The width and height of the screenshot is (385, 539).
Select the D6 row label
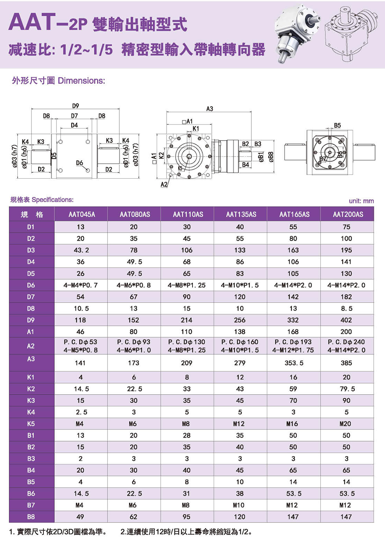click(x=31, y=285)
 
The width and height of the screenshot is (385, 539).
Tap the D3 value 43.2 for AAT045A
click(x=81, y=250)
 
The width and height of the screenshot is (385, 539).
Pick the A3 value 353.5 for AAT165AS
click(x=294, y=363)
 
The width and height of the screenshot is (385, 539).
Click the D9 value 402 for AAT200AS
click(x=346, y=320)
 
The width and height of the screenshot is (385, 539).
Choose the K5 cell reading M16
click(x=292, y=424)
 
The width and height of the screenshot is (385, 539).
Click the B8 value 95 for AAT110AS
click(x=186, y=517)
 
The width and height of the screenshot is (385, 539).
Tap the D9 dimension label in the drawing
click(x=75, y=106)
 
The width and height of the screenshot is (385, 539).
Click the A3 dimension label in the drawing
click(x=209, y=109)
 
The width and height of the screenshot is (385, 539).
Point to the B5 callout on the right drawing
click(x=337, y=126)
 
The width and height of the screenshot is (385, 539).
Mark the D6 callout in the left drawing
click(x=79, y=163)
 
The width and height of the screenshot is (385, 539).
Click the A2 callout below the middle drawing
click(x=164, y=184)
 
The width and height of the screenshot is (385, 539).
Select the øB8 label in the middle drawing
click(x=271, y=157)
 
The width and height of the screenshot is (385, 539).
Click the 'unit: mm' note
click(x=362, y=201)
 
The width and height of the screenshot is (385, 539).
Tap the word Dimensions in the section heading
click(x=82, y=80)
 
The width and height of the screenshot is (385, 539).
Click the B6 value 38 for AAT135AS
click(x=240, y=494)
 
